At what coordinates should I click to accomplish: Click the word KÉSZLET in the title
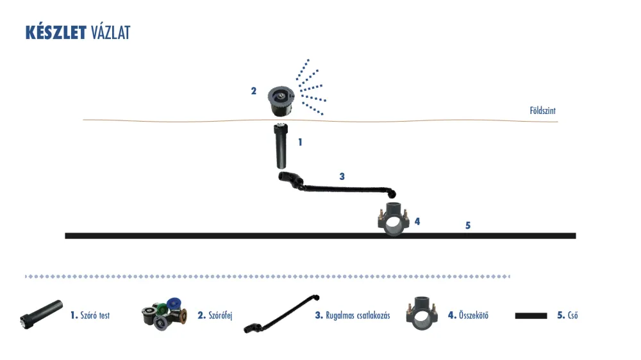coord(56,32)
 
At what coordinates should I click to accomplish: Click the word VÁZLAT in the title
coord(110,32)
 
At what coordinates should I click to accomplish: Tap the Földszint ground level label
coord(542,110)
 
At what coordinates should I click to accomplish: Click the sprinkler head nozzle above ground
coord(281,101)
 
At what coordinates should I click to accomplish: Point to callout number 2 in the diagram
coord(253,91)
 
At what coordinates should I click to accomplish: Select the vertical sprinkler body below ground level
coord(281,146)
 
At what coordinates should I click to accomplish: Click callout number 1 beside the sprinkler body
coord(300,142)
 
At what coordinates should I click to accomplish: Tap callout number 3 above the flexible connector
coord(342,177)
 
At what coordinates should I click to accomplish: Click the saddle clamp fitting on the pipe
coord(394,220)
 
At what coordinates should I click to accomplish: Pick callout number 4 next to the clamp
coord(417,221)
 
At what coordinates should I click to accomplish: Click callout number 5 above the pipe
coord(468,225)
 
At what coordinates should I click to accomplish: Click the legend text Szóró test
coord(95,315)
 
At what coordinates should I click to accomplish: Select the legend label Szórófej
coord(221,315)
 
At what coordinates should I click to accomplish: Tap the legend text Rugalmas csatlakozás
coord(358,315)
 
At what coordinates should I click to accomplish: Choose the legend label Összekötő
coord(474,315)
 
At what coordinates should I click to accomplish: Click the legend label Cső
coord(572,315)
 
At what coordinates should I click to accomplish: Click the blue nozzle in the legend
coord(174,304)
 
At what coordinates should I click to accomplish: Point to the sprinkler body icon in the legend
coord(41,314)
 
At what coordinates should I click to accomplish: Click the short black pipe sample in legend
coord(531,315)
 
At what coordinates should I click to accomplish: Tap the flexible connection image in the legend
coord(282,314)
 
